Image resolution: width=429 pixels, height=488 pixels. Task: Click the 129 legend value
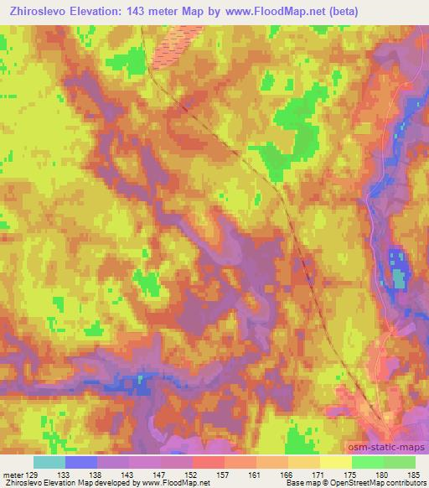pos(33,475)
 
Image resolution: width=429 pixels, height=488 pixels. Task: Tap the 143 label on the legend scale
pos(128,475)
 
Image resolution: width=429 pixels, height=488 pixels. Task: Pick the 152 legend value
pos(192,475)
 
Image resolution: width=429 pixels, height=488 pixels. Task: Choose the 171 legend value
pos(319,475)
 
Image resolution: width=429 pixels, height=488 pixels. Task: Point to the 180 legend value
pos(383,475)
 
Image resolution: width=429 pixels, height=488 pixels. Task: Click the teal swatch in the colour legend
pos(49,462)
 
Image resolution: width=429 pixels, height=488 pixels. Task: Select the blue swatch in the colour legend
pos(80,462)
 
